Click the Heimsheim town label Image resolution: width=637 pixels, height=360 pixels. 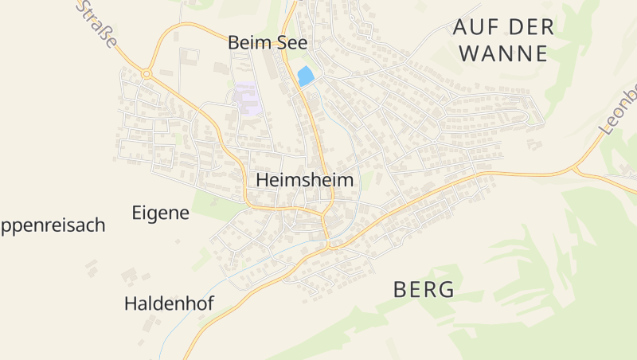[x=304, y=181]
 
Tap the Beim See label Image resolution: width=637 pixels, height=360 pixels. [x=268, y=43]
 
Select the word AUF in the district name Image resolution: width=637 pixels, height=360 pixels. [x=471, y=26]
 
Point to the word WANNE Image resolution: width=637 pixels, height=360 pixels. [x=503, y=54]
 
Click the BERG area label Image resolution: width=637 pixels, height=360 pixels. [x=424, y=290]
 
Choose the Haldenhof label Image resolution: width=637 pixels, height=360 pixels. [x=170, y=303]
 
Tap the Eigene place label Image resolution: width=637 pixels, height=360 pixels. [x=160, y=213]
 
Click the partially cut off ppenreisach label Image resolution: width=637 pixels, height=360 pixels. [x=53, y=225]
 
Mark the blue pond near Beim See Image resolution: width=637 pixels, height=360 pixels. [x=304, y=76]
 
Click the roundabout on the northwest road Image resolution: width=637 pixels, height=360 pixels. [x=147, y=74]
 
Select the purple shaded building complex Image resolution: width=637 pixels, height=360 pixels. [x=247, y=99]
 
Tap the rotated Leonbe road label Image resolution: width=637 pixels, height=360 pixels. [x=619, y=108]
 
